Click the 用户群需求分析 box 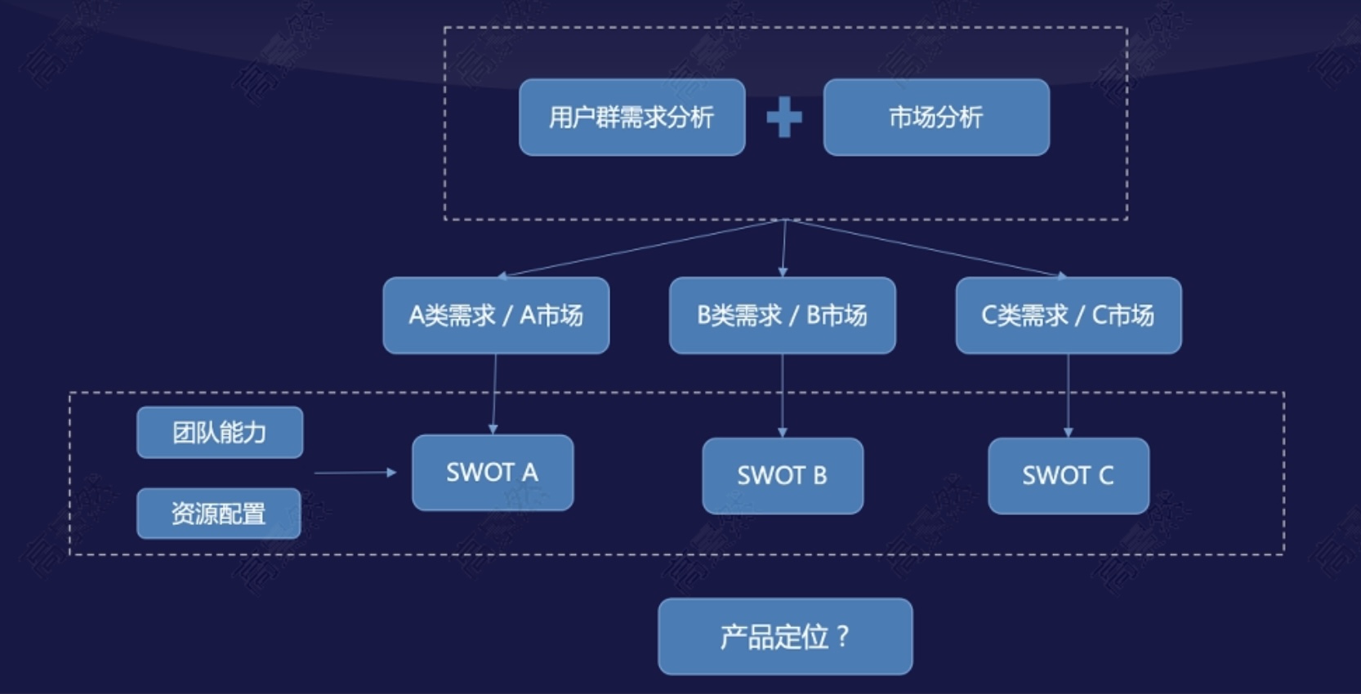[x=631, y=118]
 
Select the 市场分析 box [x=936, y=118]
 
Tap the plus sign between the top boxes [x=784, y=118]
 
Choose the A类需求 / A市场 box [x=496, y=315]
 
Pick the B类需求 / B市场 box [x=782, y=315]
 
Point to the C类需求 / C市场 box [x=1068, y=315]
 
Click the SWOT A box [x=493, y=473]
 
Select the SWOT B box [x=783, y=476]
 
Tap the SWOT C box [x=1069, y=476]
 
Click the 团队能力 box [x=220, y=433]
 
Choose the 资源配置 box [x=219, y=514]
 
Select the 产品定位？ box [x=785, y=637]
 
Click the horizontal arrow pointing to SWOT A [x=355, y=473]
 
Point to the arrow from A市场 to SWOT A [x=493, y=394]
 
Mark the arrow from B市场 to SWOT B [x=783, y=395]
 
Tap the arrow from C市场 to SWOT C [x=1068, y=395]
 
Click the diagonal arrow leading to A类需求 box [x=641, y=248]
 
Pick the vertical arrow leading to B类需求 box [x=783, y=248]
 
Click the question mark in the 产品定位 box [x=843, y=636]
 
